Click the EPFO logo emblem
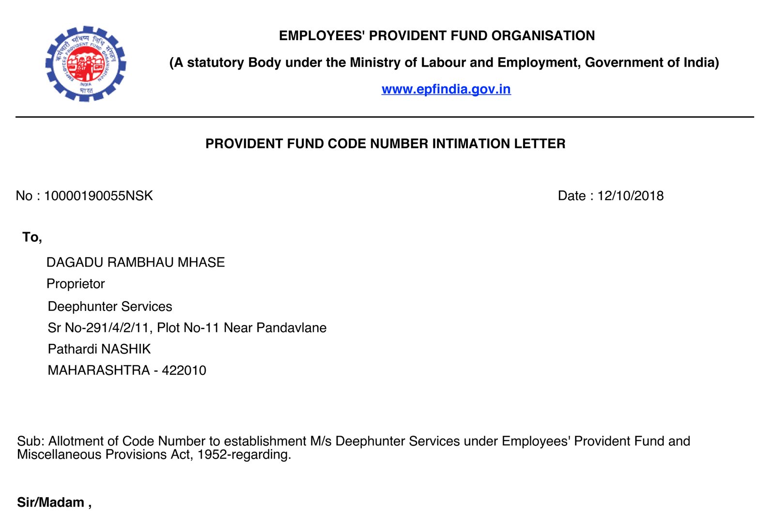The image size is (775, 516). pos(86,63)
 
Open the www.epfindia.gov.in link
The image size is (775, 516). pos(446,89)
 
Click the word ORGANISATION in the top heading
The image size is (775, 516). pos(543,36)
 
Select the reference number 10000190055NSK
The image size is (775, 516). pos(98,196)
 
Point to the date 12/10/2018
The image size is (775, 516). pos(630,196)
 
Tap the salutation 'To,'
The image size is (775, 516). pos(32,237)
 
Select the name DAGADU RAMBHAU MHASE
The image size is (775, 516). pos(136,263)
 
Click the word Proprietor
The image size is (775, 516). pos(76,284)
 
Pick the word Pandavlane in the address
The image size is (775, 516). pos(291,328)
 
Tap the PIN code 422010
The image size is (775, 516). pos(184,370)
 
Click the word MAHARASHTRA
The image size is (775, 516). pos(99,370)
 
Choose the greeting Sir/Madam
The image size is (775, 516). pos(51,502)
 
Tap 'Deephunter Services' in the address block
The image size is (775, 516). pos(110,307)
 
